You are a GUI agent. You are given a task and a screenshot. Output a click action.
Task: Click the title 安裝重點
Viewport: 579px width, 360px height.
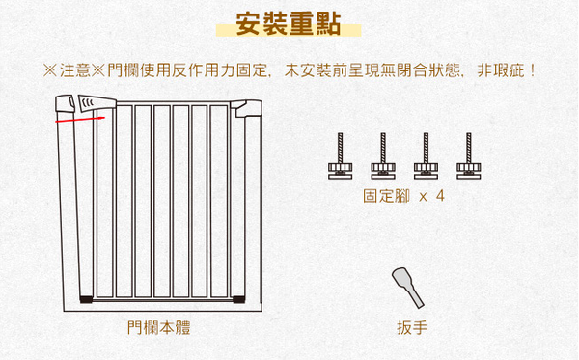click(289, 24)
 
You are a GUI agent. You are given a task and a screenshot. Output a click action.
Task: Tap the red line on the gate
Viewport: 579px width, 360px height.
click(80, 121)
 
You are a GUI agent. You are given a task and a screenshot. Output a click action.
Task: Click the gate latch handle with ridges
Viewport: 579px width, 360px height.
click(92, 104)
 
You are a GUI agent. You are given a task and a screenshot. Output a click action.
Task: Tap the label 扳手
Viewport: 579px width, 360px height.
click(411, 328)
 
